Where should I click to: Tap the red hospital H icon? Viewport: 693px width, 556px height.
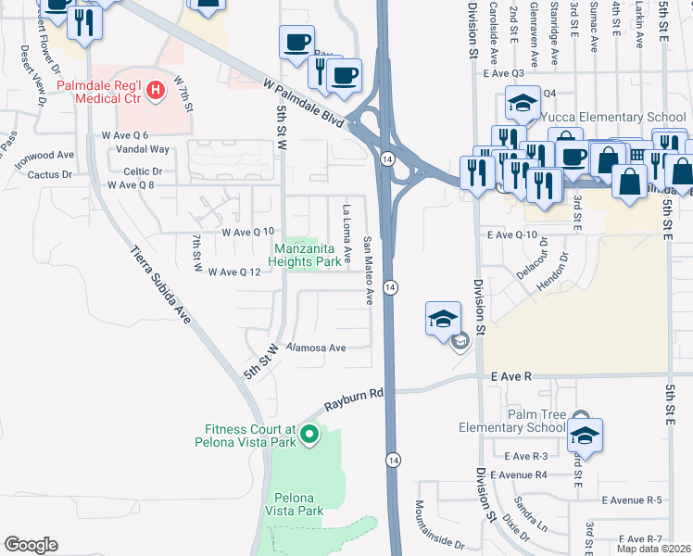pos(156,90)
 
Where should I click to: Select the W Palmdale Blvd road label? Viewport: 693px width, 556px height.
pos(301,95)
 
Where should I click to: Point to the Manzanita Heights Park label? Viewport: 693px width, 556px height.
pos(306,255)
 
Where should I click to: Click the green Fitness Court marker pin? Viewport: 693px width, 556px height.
pos(310,432)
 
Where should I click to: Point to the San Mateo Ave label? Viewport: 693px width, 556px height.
pos(368,270)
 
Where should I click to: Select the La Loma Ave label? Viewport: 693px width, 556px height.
pos(347,234)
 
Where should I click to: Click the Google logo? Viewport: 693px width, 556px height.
pos(31,545)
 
